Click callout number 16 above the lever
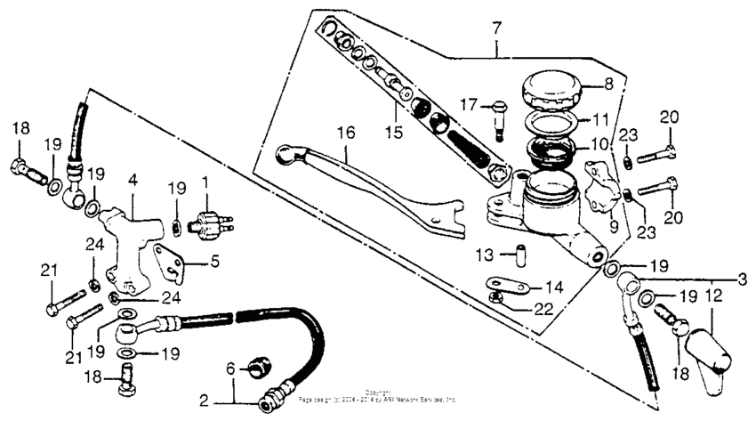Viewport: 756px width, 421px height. click(345, 133)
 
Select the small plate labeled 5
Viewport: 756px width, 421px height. click(166, 261)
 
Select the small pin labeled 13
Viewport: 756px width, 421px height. click(514, 255)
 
